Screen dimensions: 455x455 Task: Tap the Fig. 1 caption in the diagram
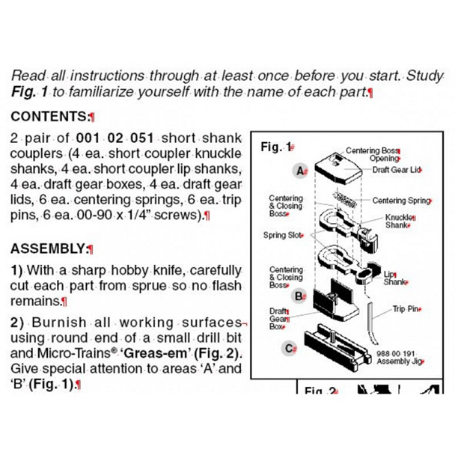point(276,147)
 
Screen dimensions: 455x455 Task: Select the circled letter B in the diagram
point(299,296)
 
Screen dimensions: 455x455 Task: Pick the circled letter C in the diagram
point(290,347)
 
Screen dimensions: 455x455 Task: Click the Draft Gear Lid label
point(397,170)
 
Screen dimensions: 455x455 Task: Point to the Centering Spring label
point(401,201)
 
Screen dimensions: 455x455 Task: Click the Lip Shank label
point(395,278)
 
